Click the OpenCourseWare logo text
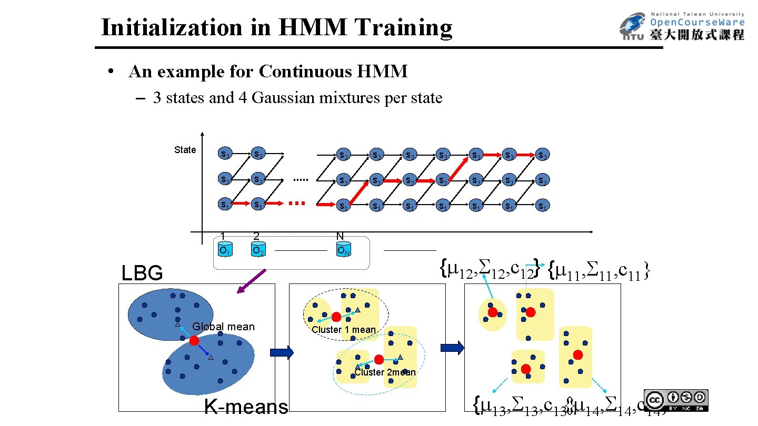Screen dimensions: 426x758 pos(697,22)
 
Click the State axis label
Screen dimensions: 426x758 pos(185,150)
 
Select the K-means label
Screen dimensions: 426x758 pos(246,407)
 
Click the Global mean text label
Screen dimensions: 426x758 pos(223,327)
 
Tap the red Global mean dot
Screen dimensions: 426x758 pos(194,341)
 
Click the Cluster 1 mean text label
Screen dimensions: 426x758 pos(344,330)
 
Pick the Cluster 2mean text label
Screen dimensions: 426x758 pos(385,372)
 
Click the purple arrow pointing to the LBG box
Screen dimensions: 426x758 pos(251,281)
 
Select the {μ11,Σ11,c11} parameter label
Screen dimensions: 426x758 pos(599,270)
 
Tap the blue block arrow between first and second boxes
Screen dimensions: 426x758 pos(282,352)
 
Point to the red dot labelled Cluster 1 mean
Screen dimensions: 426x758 pos(336,317)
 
